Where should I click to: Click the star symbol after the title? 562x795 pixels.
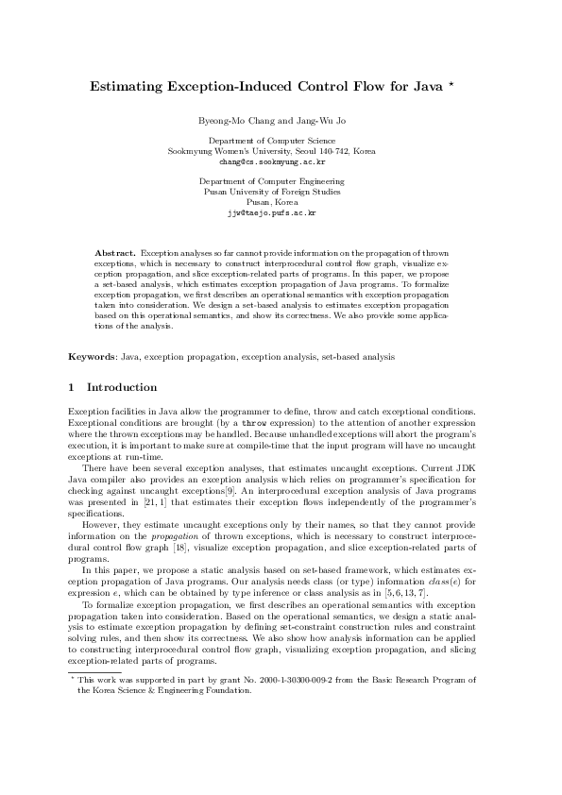pos(451,84)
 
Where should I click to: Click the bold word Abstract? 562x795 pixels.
pos(116,253)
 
